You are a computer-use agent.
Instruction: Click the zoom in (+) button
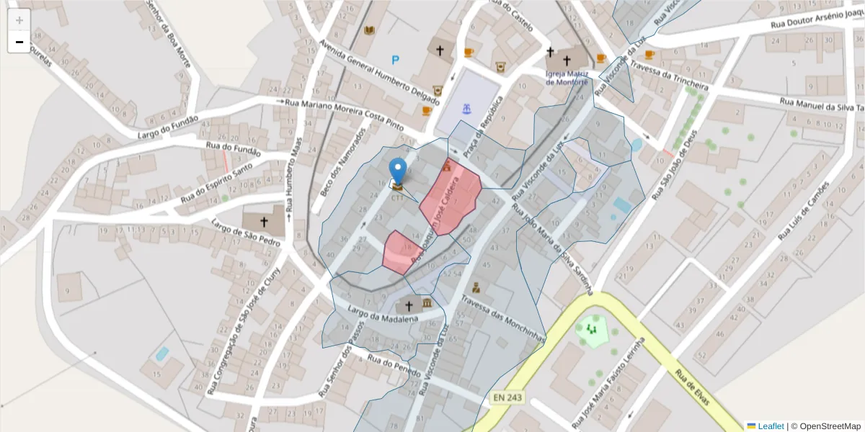(x=19, y=20)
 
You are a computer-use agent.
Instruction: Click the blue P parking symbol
(x=395, y=60)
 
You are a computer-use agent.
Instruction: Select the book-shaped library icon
(x=370, y=30)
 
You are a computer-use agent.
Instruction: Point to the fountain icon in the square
(x=468, y=109)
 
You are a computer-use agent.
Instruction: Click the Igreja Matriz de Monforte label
(x=567, y=78)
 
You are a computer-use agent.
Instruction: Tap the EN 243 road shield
(x=508, y=397)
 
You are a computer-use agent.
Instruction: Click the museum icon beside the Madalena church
(x=427, y=302)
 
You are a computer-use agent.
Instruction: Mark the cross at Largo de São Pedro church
(x=264, y=222)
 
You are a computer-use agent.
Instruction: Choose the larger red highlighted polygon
(x=451, y=198)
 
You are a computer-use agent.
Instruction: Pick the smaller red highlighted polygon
(x=399, y=252)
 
